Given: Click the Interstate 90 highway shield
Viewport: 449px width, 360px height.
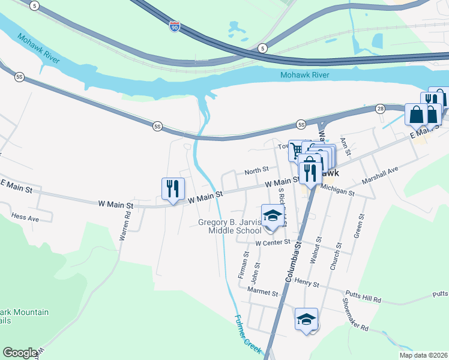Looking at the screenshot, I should pyautogui.click(x=174, y=28).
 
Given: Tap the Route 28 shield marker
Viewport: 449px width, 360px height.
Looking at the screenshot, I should pyautogui.click(x=380, y=109).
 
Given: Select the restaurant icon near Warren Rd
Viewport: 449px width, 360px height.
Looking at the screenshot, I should pyautogui.click(x=172, y=188).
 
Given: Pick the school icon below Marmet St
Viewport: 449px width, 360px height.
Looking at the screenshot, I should pyautogui.click(x=306, y=319).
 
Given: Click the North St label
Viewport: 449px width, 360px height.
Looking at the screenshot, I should pyautogui.click(x=256, y=172).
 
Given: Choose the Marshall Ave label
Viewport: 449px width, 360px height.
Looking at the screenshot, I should pyautogui.click(x=380, y=176).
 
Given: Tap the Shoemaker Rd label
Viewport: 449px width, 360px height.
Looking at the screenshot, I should pyautogui.click(x=355, y=315).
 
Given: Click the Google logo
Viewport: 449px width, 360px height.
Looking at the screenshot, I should pyautogui.click(x=20, y=353).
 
